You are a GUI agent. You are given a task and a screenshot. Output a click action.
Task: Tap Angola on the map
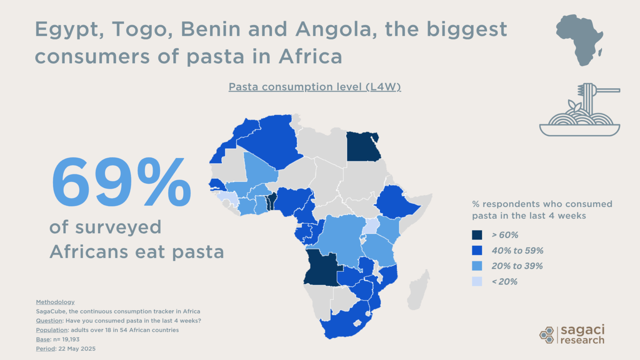point(322,269)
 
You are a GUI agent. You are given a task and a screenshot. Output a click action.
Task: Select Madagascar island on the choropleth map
point(417,290)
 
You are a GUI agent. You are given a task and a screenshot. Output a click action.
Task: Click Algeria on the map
point(271,140)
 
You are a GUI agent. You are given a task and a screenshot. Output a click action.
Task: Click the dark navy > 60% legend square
point(477,235)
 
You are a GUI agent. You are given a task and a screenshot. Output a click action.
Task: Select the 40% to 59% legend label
point(517,251)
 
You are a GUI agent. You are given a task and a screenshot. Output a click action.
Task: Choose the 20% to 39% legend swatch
point(477,266)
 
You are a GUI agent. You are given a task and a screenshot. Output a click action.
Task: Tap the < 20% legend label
point(505,282)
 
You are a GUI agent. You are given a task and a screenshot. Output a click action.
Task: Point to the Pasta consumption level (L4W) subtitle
point(315,87)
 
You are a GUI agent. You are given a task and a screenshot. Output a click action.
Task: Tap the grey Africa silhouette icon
point(580,40)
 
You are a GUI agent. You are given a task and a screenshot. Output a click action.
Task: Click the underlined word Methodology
point(55,302)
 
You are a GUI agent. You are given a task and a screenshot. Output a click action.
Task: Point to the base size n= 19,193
point(66,340)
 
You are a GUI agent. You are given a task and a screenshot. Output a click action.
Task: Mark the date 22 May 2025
point(77,349)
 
